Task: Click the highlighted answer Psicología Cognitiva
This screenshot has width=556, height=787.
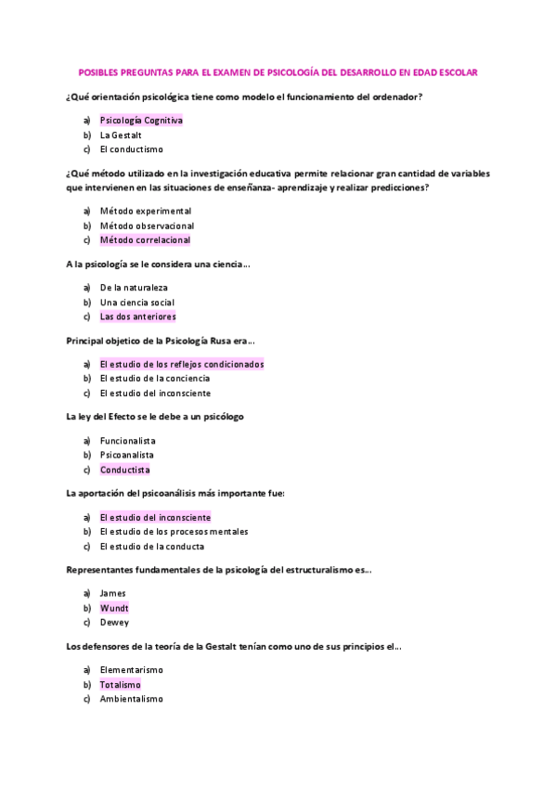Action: click(x=141, y=121)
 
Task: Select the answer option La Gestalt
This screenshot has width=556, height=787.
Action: click(x=121, y=135)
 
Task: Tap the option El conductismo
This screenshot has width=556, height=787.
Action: click(x=131, y=149)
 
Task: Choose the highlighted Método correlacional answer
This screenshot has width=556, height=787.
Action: click(x=145, y=240)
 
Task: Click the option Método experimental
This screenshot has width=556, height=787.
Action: click(x=145, y=211)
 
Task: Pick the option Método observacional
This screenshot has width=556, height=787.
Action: click(x=147, y=226)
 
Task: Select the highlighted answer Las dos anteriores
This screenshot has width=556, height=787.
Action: click(x=137, y=316)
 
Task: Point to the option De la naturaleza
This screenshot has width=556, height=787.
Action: click(x=134, y=288)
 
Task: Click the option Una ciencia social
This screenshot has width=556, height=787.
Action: click(x=136, y=303)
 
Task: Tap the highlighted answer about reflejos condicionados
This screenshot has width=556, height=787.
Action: click(x=181, y=364)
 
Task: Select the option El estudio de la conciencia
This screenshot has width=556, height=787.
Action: click(x=154, y=379)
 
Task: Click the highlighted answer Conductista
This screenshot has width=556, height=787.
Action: click(x=124, y=470)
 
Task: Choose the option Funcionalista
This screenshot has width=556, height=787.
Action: click(x=127, y=441)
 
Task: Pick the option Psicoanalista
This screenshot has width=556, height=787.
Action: click(x=126, y=455)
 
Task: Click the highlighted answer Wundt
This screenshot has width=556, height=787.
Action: click(x=114, y=608)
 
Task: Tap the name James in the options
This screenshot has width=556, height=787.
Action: click(x=112, y=593)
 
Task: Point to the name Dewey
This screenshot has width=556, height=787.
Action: click(x=114, y=623)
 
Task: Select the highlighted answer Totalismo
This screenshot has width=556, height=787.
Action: click(x=120, y=684)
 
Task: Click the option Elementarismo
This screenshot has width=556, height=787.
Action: click(x=131, y=670)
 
